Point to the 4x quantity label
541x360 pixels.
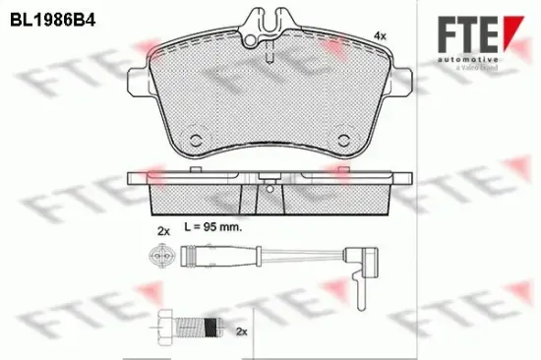(380, 36)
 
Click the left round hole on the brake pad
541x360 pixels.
(195, 138)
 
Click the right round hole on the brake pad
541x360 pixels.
(345, 138)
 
